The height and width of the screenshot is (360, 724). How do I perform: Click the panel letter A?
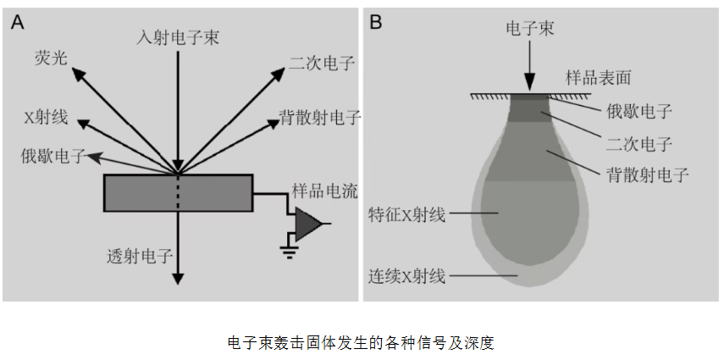click(17, 22)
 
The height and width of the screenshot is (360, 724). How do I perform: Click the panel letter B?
click(376, 22)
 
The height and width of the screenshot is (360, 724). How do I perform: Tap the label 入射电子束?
click(178, 37)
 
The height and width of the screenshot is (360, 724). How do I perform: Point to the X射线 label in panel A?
click(46, 118)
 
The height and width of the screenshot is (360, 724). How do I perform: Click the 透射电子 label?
click(140, 256)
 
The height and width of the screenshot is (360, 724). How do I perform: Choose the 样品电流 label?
click(324, 191)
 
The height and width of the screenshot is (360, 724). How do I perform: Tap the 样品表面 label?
click(598, 78)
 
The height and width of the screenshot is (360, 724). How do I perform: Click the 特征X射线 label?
click(406, 215)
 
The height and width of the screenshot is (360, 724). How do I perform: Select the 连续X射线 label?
click(406, 277)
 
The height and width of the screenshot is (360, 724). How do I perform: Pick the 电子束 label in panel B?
click(530, 29)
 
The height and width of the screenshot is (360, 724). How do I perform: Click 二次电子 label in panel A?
click(322, 64)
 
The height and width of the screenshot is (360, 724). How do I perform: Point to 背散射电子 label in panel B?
click(648, 175)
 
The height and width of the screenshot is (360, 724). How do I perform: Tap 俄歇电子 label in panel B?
click(639, 112)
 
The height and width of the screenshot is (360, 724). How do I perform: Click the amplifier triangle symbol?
click(307, 224)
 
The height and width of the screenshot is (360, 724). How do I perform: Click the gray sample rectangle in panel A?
click(178, 193)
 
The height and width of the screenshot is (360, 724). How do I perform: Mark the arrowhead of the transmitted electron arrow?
click(178, 279)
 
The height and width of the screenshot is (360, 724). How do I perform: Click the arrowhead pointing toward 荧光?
click(79, 73)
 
